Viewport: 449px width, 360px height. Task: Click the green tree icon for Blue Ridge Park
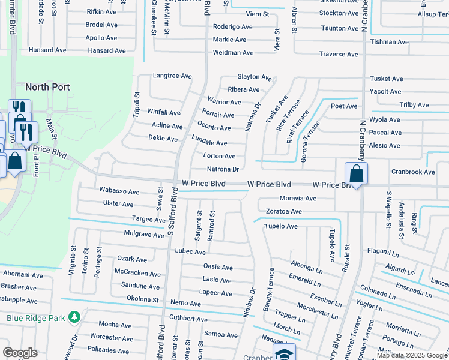[x=74, y=316]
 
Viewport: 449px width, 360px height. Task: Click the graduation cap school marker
[x=284, y=353]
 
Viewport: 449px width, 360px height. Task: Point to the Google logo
[x=20, y=353]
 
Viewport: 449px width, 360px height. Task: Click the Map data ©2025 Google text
[x=412, y=355]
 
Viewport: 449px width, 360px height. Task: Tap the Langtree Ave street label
[x=172, y=76]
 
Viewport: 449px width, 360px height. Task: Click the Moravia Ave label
[x=298, y=199]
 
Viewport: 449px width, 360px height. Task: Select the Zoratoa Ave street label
[x=284, y=212]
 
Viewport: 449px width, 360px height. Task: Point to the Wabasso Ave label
[x=119, y=191]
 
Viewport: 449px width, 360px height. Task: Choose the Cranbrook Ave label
[x=413, y=172]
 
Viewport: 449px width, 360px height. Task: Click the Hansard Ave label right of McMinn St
[x=107, y=51]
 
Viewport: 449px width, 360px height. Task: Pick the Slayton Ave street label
[x=255, y=77]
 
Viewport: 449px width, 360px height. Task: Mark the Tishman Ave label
[x=390, y=42]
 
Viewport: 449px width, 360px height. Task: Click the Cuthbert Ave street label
[x=188, y=319]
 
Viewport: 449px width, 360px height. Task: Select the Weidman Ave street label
[x=234, y=53]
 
